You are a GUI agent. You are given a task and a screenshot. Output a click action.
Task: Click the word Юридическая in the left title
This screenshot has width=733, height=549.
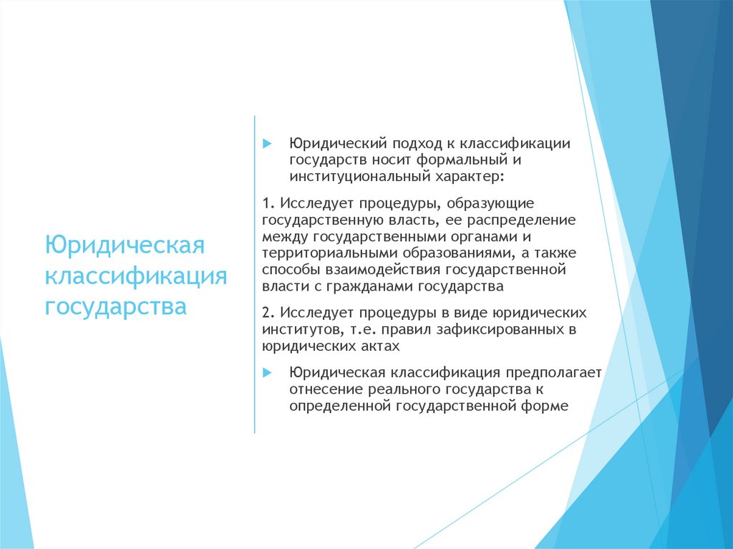[x=125, y=245]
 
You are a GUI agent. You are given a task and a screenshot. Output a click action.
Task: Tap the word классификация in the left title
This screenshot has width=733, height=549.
[x=136, y=276]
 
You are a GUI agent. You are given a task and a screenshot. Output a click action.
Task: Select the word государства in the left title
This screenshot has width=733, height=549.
[x=116, y=306]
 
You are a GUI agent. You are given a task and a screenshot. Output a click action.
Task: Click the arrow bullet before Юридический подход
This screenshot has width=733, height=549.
[x=267, y=143]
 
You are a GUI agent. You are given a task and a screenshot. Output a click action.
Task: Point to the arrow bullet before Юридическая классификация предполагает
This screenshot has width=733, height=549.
[x=267, y=373]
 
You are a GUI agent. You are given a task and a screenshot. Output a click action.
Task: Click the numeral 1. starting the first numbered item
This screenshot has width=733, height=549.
[x=268, y=204]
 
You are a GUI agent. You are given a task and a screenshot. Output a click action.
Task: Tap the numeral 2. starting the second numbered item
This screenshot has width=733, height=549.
[x=268, y=313]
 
